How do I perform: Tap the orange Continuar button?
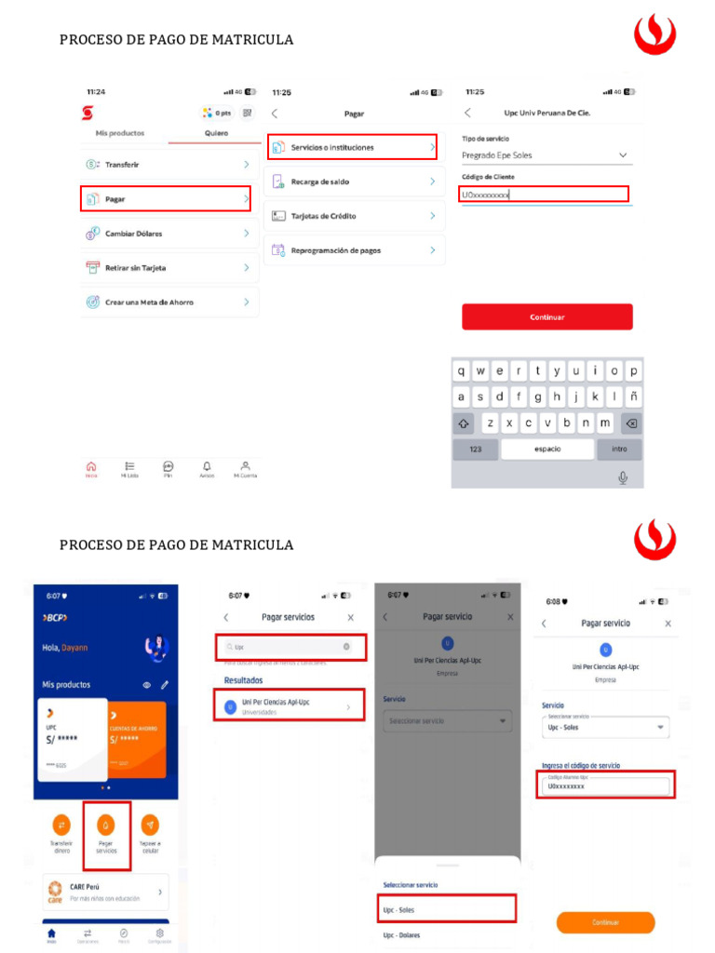point(605,922)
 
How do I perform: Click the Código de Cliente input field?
point(544,195)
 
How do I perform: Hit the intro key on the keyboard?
point(619,449)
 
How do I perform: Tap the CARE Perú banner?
point(106,892)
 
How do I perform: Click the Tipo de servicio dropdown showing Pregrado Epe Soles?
point(546,155)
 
